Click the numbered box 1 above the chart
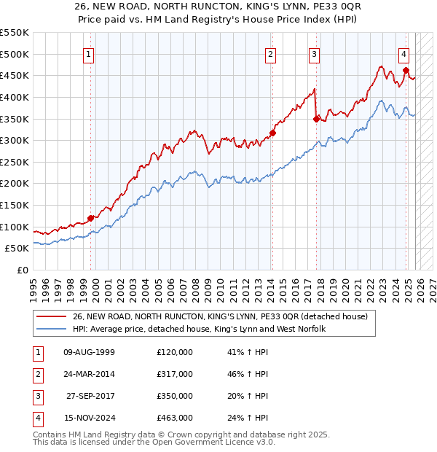(x=88, y=53)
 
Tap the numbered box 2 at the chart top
(x=270, y=53)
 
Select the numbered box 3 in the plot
(x=314, y=53)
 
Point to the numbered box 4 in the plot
(x=403, y=53)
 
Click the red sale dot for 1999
(x=91, y=218)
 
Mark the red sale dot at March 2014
(x=272, y=133)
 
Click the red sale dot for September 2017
(x=316, y=118)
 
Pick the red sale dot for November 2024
(x=406, y=70)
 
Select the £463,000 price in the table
(x=175, y=418)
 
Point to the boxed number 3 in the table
(x=36, y=396)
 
